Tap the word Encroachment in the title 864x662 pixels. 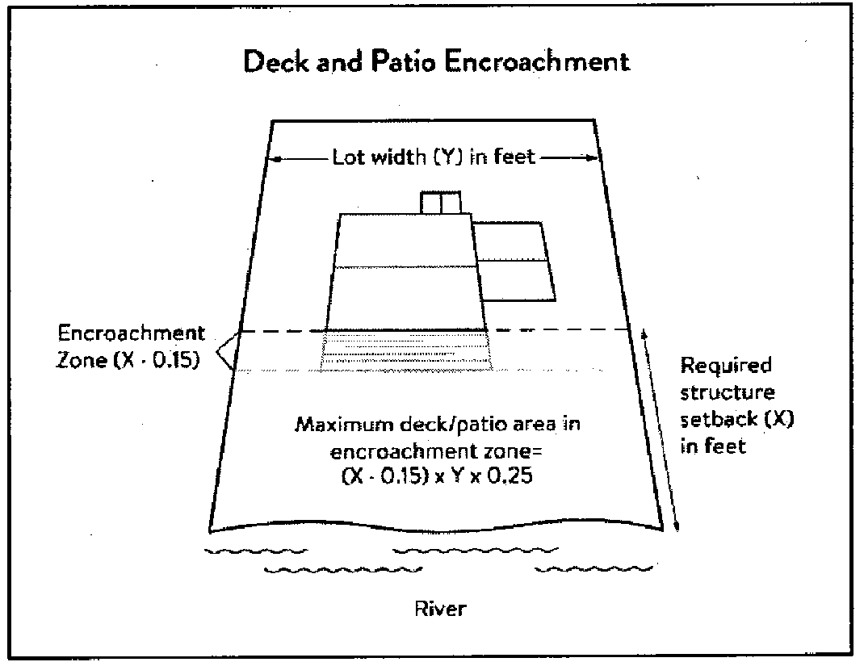(537, 61)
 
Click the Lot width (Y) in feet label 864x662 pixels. (433, 157)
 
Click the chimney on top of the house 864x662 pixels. (440, 202)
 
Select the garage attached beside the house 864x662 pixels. (514, 262)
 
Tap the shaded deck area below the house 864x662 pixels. (406, 351)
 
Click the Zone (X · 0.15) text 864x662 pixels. (128, 359)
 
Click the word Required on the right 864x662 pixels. (726, 366)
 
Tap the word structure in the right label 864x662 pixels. (728, 392)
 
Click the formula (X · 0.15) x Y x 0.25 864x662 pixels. (438, 476)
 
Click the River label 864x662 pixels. (440, 609)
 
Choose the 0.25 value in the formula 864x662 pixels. (511, 476)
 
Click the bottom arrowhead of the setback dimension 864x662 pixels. (677, 526)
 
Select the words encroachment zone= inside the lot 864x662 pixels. (436, 451)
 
